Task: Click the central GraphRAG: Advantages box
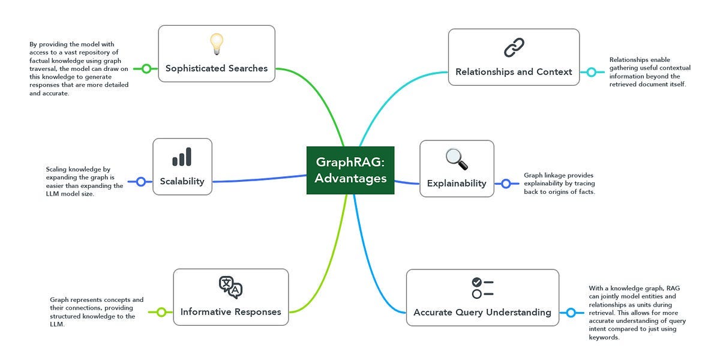click(350, 170)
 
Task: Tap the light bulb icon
click(217, 44)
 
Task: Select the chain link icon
click(514, 47)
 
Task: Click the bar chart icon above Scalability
click(182, 157)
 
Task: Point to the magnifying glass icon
click(457, 159)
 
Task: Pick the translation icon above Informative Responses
click(230, 287)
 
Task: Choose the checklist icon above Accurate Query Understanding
click(482, 288)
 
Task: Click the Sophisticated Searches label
click(217, 68)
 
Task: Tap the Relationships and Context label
click(514, 72)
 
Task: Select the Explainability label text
click(457, 184)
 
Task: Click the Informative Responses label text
click(230, 312)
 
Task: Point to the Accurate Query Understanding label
click(482, 313)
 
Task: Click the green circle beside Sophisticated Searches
click(146, 68)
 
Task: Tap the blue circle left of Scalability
click(141, 181)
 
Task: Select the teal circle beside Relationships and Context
click(591, 72)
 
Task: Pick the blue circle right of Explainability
click(506, 184)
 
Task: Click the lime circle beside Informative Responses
click(161, 312)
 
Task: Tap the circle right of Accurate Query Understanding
click(571, 313)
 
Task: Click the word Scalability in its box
click(182, 181)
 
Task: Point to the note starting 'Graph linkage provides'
click(559, 184)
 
